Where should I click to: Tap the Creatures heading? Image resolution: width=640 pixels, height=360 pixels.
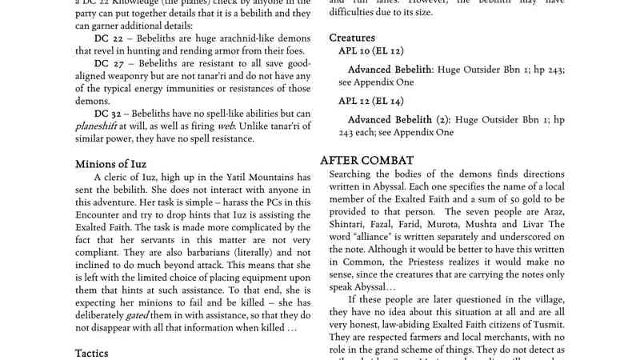tap(352, 38)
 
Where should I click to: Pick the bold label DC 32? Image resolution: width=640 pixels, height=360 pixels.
tap(111, 113)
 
